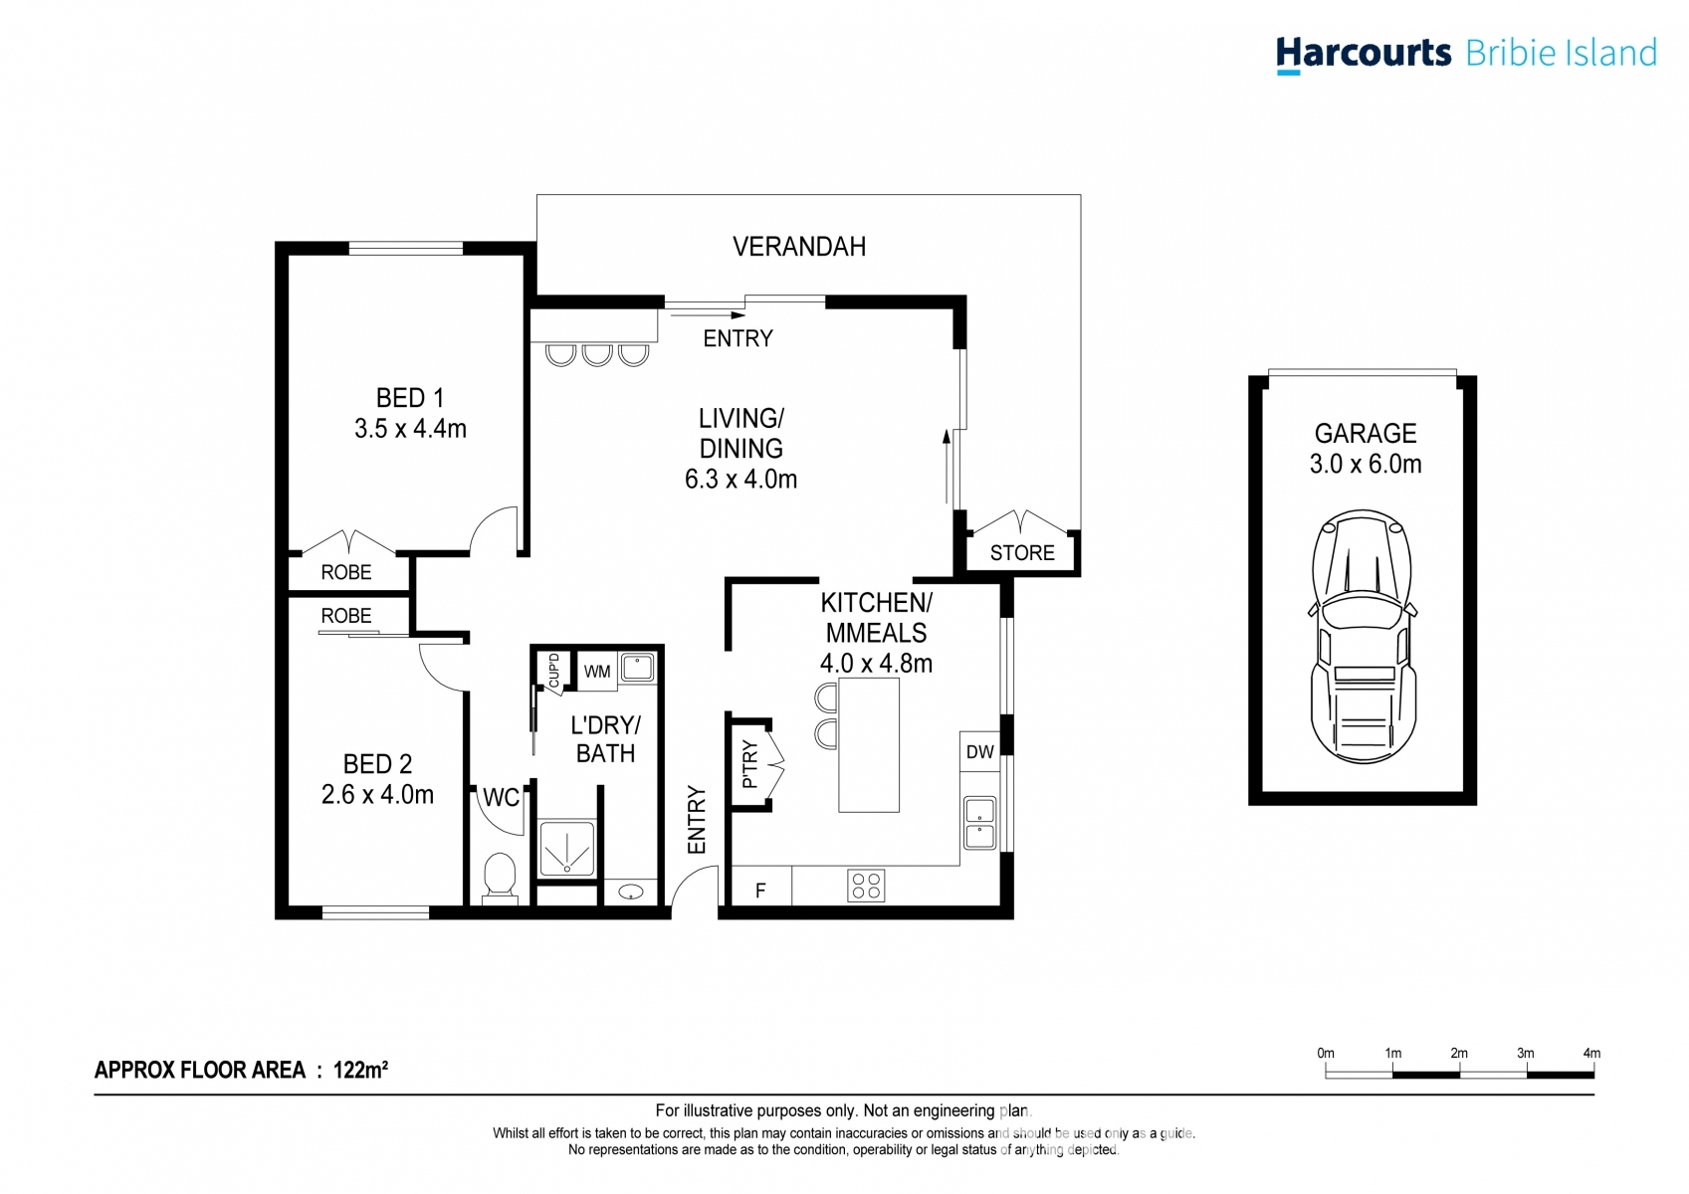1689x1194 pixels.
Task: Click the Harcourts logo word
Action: coord(1363,53)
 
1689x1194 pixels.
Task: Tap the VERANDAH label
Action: coord(798,247)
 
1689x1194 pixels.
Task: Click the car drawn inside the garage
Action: coord(1363,637)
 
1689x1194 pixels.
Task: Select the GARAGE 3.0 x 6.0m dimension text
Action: coord(1365,464)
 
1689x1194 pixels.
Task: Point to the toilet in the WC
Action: coord(500,878)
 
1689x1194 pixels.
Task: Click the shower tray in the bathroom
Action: coord(566,849)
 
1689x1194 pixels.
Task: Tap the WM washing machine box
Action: coord(597,672)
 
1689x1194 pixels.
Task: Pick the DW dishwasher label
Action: coord(979,752)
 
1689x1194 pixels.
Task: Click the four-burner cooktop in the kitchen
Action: coord(866,886)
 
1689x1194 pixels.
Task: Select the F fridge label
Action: coord(760,891)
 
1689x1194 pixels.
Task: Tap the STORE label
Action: coord(1022,553)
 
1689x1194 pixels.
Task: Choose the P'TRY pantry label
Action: coord(750,764)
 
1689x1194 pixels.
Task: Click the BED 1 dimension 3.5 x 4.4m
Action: coord(410,429)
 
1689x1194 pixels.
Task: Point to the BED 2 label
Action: coord(377,764)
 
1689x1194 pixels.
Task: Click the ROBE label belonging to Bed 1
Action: coord(345,572)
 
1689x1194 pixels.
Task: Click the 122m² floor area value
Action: coord(360,1070)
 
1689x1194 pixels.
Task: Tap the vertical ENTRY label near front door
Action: coord(697,820)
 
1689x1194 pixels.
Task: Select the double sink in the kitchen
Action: coord(979,823)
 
